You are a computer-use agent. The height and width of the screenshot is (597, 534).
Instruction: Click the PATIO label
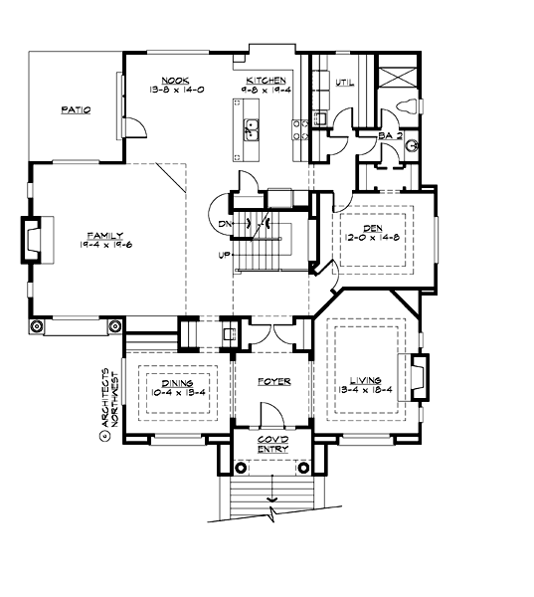[76, 110]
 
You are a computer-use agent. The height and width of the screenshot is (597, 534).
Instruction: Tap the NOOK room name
[176, 80]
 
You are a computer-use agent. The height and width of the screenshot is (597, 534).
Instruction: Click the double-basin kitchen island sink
[253, 127]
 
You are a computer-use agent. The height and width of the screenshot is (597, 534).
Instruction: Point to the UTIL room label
[345, 82]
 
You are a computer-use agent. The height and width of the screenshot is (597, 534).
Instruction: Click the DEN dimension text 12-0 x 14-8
[375, 238]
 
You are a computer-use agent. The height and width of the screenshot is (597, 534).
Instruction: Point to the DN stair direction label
[225, 224]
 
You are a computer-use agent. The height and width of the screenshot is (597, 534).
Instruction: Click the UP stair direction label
[225, 256]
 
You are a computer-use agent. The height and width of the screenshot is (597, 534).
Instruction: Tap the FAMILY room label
[104, 235]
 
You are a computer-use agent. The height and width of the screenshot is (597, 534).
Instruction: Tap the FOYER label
[272, 381]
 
